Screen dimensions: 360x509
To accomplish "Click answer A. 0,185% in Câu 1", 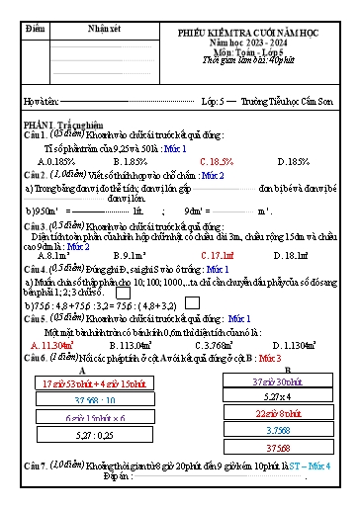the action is (57, 160).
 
